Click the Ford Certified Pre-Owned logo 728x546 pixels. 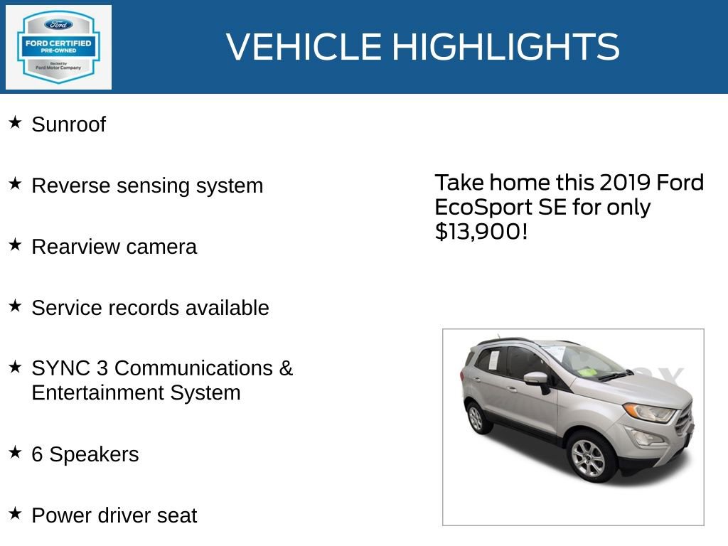tap(58, 47)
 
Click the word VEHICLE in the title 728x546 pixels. tap(304, 47)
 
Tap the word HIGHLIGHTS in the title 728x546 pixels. tap(505, 47)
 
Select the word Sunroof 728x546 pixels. tap(68, 124)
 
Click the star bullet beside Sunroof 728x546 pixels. tap(15, 123)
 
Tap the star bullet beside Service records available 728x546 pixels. tap(15, 306)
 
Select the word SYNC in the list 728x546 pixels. tap(60, 368)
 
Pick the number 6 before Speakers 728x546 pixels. tap(37, 454)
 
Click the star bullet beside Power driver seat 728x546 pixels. tap(15, 513)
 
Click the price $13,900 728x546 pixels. tap(481, 231)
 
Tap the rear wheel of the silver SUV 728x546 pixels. tap(476, 418)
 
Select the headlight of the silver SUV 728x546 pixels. tap(648, 412)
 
